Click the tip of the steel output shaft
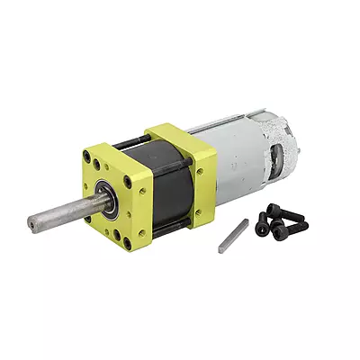coord(31,221)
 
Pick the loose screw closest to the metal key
coord(262,226)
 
